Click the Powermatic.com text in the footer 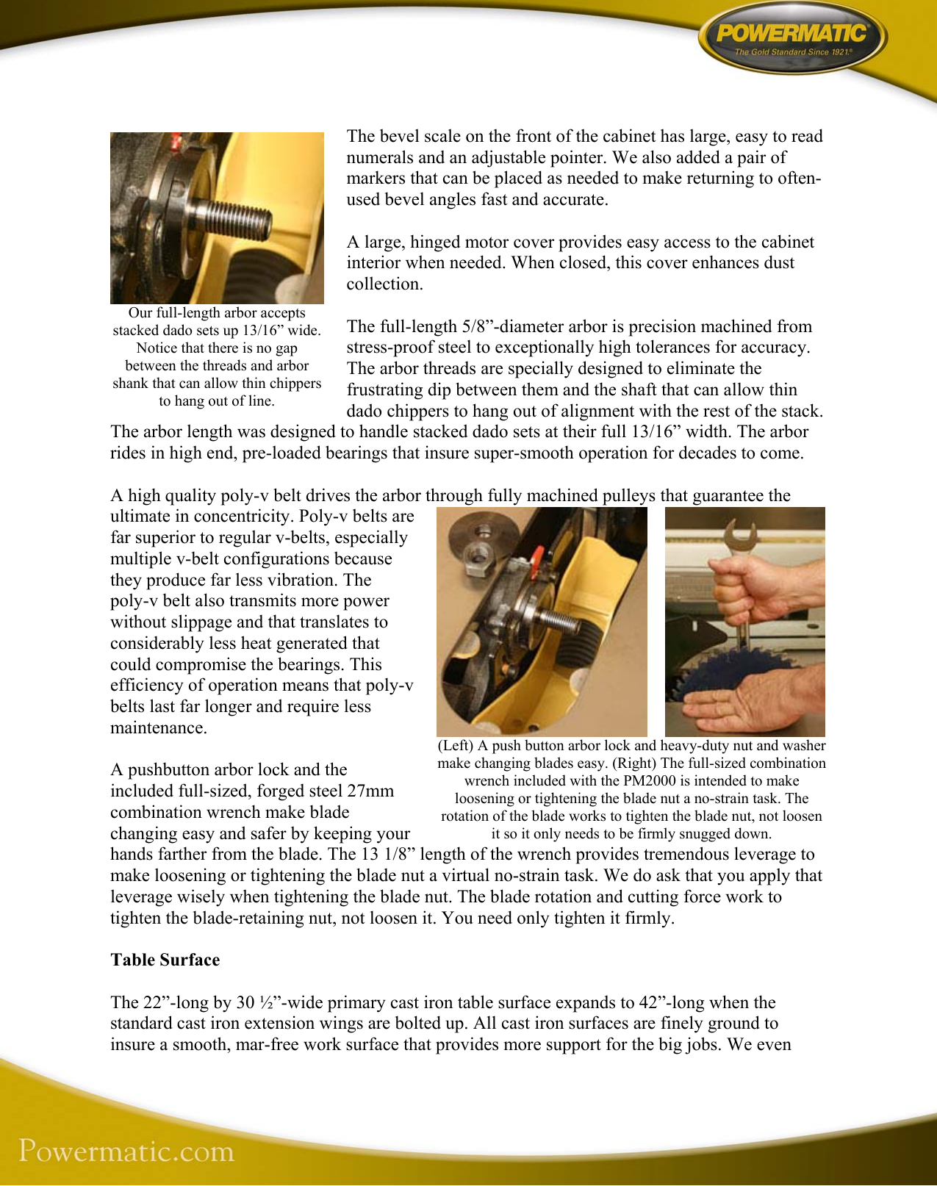click(x=126, y=1151)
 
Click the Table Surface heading click(x=165, y=960)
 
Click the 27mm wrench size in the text click(x=372, y=791)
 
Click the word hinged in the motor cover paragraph click(x=435, y=242)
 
